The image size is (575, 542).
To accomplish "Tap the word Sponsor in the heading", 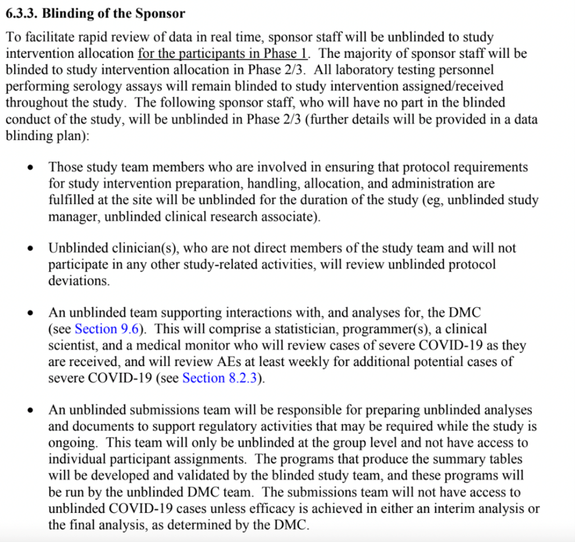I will click(161, 12).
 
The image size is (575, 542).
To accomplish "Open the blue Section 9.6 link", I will click(107, 329).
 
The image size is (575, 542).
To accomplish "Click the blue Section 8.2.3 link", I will click(220, 378).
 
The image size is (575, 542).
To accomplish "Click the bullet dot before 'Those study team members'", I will click(33, 168).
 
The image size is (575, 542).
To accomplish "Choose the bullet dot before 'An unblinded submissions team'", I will click(33, 411).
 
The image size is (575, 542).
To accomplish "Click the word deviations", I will click(79, 281).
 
